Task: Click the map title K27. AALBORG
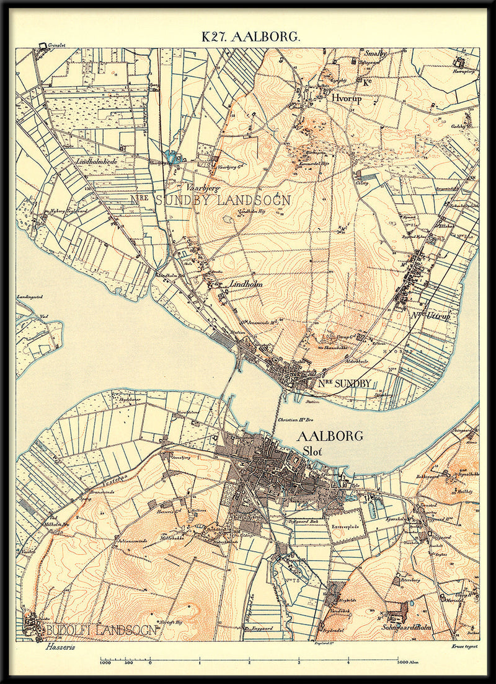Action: point(250,37)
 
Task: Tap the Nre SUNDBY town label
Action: point(346,384)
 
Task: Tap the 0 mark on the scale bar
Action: point(151,663)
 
